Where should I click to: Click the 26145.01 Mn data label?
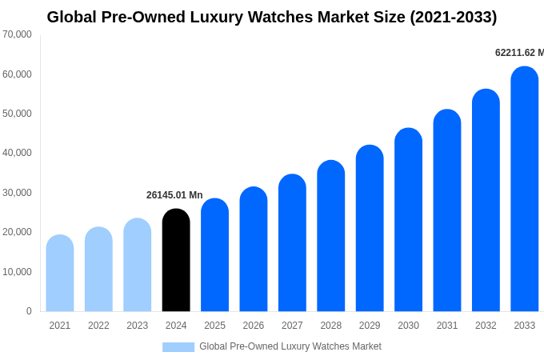[x=174, y=195]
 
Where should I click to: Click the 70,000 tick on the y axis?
[x=18, y=34]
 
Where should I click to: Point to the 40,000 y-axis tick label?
[x=18, y=153]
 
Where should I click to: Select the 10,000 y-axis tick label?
[x=18, y=272]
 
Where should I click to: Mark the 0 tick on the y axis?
[x=29, y=311]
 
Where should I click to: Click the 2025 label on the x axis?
[x=214, y=326]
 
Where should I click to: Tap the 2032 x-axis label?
[x=486, y=326]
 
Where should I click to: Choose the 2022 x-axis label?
[x=98, y=326]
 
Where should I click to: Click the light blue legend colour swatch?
[x=178, y=347]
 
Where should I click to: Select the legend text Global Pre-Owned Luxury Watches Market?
[x=290, y=346]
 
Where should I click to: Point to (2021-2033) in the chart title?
[x=453, y=17]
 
